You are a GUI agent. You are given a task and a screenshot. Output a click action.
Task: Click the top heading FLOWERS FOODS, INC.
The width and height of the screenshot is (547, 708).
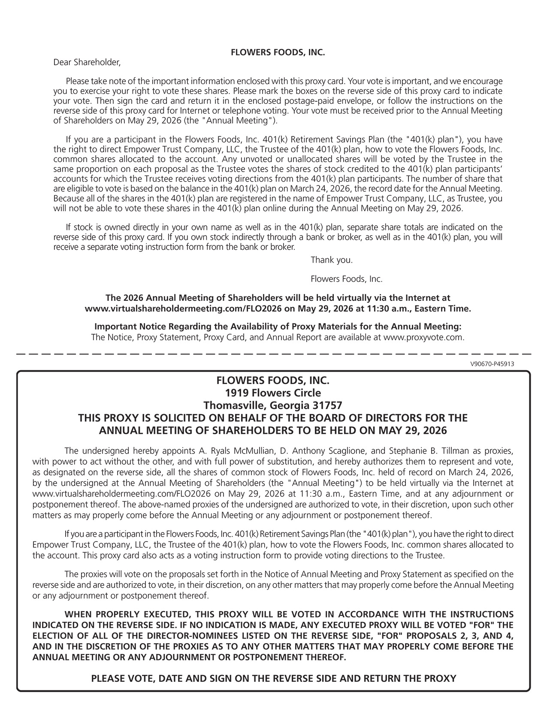[278, 53]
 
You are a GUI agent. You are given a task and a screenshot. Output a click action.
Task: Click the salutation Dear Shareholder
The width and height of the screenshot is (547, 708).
[87, 63]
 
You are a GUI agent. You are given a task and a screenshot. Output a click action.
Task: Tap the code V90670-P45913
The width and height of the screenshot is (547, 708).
[492, 364]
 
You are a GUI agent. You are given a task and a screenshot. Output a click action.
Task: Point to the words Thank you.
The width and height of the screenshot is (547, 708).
[332, 260]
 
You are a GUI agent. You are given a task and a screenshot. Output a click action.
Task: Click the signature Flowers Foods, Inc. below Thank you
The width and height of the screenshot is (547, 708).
[346, 279]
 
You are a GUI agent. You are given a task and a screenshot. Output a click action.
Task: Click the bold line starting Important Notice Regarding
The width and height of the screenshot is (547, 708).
[278, 327]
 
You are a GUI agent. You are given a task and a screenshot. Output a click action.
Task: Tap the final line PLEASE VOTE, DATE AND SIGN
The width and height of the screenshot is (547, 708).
[273, 678]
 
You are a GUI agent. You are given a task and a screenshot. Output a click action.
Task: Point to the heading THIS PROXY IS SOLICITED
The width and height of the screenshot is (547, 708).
[273, 418]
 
